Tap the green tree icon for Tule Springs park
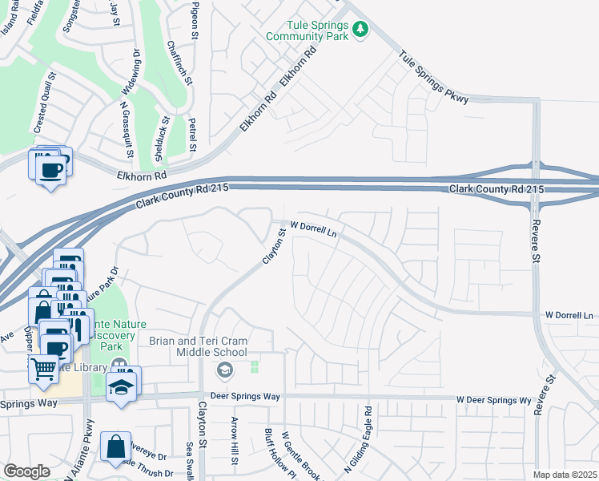361,30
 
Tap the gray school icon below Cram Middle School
225,370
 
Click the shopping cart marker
44,369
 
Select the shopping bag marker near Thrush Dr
116,446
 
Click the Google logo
26,471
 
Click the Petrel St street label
192,134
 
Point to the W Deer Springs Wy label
494,400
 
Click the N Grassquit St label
125,128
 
